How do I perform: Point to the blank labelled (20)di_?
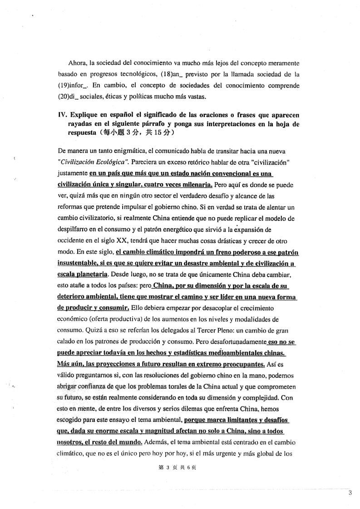(x=66, y=96)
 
